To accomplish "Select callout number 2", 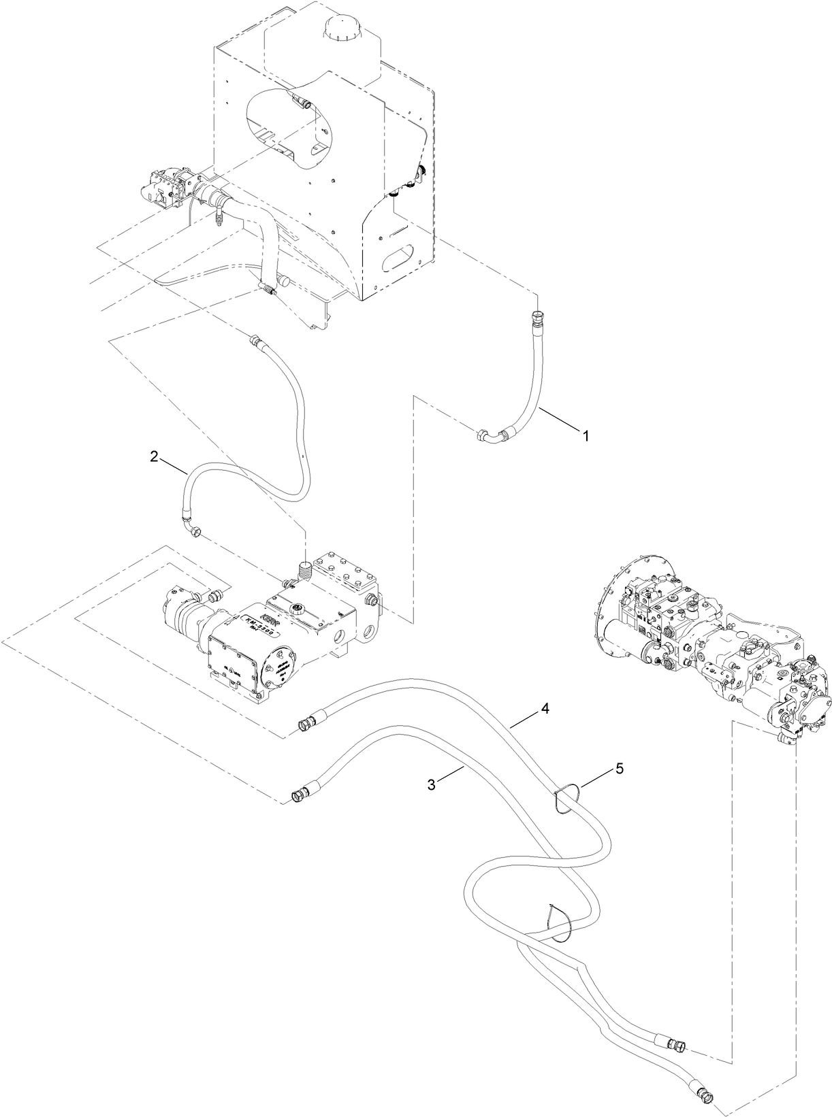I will pyautogui.click(x=155, y=457).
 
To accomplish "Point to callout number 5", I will pyautogui.click(x=618, y=768).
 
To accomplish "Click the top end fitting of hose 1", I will pyautogui.click(x=537, y=316).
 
